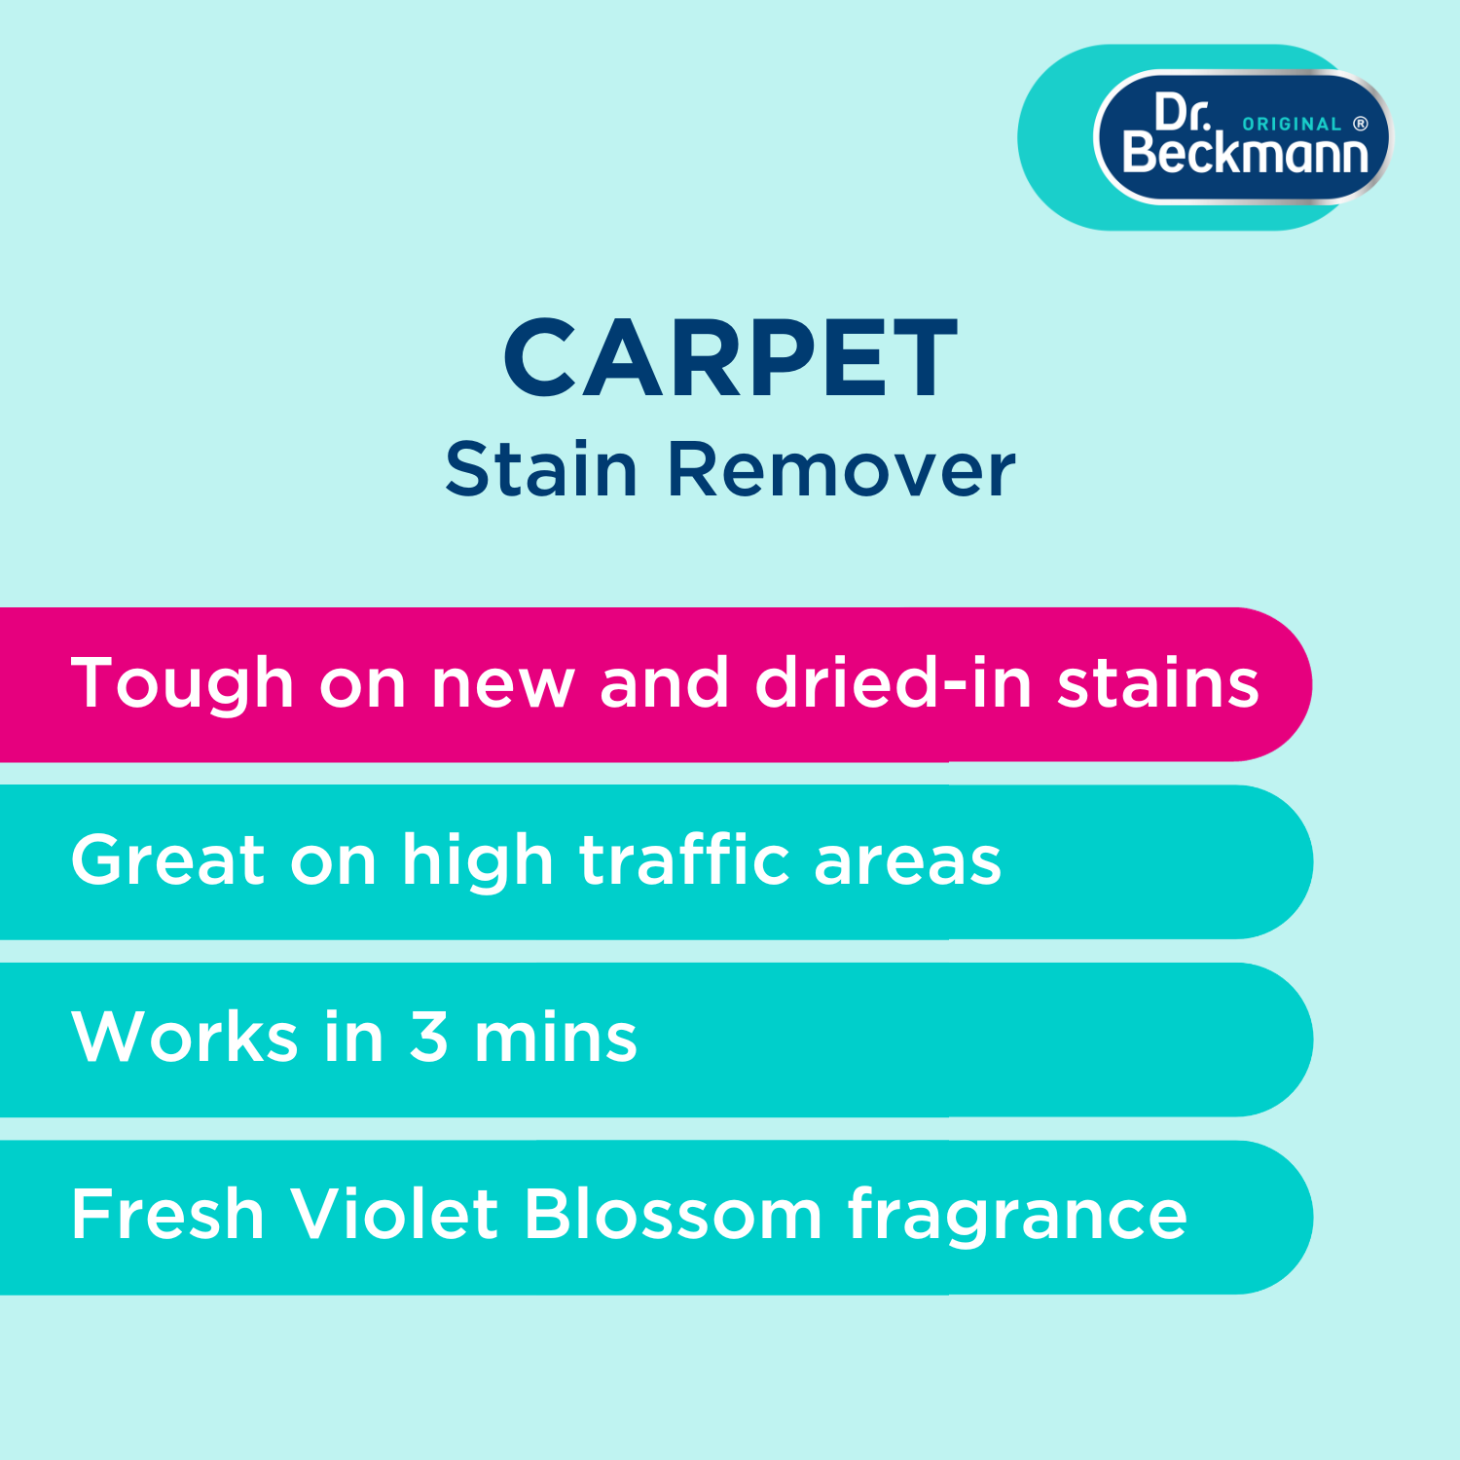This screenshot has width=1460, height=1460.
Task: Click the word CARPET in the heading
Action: pos(730,358)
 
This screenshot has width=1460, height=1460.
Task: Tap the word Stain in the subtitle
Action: pos(541,469)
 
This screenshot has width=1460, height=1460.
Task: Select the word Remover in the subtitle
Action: pos(841,469)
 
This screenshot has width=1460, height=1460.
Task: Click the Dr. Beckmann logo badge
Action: pos(1244,137)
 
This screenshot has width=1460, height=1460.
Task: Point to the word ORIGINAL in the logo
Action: pos(1292,125)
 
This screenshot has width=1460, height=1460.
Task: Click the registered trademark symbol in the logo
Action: pos(1361,124)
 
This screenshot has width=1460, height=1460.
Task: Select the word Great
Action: pos(168,860)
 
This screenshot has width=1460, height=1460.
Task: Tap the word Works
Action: pos(185,1037)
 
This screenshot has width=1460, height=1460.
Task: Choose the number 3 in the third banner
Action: pos(429,1037)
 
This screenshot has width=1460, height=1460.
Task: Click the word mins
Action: pos(555,1037)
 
